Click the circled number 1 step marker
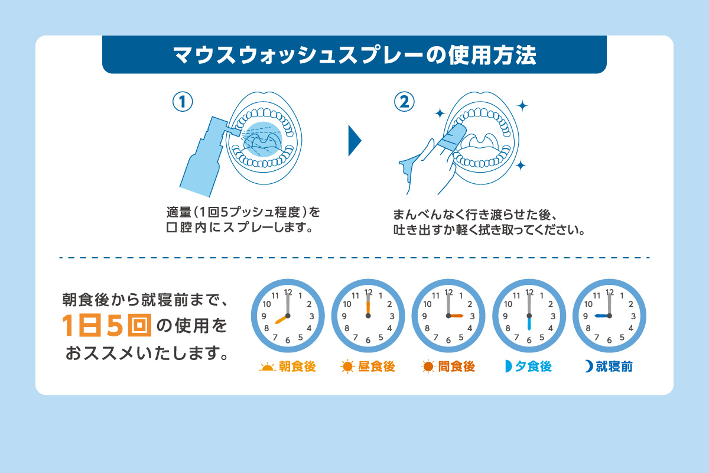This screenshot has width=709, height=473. pyautogui.click(x=183, y=102)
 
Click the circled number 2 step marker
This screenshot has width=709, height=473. pyautogui.click(x=404, y=102)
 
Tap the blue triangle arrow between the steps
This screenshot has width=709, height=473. pyautogui.click(x=354, y=141)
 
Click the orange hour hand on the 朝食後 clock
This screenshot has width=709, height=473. pyautogui.click(x=281, y=320)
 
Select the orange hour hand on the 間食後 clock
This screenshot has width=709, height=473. pyautogui.click(x=456, y=316)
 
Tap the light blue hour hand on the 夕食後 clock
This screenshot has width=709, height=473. pyautogui.click(x=529, y=323)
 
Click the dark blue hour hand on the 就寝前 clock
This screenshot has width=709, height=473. pyautogui.click(x=601, y=316)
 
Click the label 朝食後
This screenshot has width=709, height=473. pyautogui.click(x=297, y=367)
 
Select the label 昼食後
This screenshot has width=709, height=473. pyautogui.click(x=377, y=367)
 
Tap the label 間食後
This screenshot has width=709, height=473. pyautogui.click(x=457, y=367)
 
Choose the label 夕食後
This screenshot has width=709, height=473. pyautogui.click(x=534, y=367)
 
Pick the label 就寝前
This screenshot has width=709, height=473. pyautogui.click(x=614, y=367)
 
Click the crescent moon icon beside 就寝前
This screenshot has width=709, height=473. pyautogui.click(x=589, y=366)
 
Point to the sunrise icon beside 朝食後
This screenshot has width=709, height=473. pyautogui.click(x=267, y=368)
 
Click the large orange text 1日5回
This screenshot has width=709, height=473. pyautogui.click(x=107, y=325)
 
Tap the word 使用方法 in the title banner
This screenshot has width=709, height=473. pyautogui.click(x=492, y=56)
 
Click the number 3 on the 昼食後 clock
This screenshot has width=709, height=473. pyautogui.click(x=392, y=316)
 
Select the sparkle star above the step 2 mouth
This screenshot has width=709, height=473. pyautogui.click(x=522, y=106)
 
